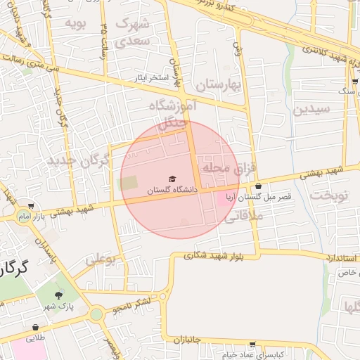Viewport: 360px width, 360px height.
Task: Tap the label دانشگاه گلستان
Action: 173,190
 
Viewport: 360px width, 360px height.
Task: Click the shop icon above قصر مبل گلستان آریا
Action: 259,186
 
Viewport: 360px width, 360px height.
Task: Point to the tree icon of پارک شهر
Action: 58,295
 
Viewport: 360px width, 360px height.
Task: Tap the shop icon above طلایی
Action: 35,328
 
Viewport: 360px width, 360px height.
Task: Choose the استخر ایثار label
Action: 153,77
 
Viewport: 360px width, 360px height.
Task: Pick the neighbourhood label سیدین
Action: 311,109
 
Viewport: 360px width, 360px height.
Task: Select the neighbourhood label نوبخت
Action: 329,195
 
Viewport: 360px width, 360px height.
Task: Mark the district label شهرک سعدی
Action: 133,32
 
